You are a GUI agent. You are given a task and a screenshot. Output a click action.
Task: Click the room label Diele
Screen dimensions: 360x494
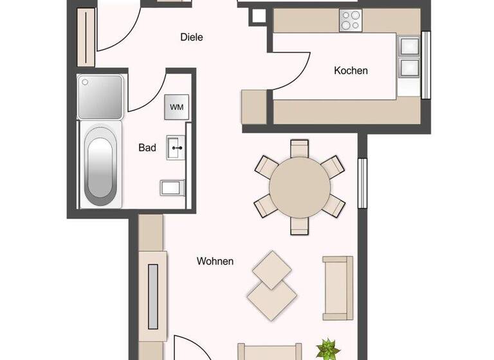[x=191, y=37]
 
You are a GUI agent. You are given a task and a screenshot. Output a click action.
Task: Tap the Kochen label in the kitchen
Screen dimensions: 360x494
[x=351, y=70]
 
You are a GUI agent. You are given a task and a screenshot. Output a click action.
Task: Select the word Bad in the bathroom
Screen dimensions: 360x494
[x=147, y=147]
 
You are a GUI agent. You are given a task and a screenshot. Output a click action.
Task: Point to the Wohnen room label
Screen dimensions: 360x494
[x=215, y=261]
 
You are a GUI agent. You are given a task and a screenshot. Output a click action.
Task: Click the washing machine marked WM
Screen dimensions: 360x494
[x=176, y=107]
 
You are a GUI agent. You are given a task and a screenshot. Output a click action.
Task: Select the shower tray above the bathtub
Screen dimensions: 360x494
[x=100, y=96]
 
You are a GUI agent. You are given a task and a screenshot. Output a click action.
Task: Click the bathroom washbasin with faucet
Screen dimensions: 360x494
[x=176, y=148]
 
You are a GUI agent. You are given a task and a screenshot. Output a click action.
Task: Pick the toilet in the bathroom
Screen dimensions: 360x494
[x=172, y=187]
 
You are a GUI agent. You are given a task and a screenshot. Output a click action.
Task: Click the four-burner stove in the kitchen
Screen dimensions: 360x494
[x=350, y=21]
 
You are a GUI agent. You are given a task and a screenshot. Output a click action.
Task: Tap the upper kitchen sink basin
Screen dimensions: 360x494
[x=408, y=45]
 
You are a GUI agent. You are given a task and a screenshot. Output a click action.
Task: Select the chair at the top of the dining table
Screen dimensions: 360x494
[x=300, y=148]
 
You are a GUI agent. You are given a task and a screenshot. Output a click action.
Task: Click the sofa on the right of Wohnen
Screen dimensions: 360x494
[x=337, y=287]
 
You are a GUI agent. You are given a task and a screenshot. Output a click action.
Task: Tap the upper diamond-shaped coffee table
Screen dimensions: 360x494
[x=271, y=268]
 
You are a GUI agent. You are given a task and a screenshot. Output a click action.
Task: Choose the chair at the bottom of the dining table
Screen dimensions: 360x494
[x=300, y=226]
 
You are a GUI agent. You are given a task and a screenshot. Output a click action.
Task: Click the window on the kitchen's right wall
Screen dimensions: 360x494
[x=425, y=65]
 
